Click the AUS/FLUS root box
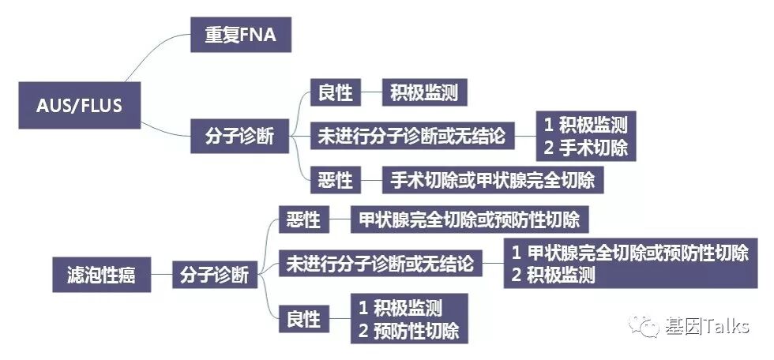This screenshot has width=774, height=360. (79, 105)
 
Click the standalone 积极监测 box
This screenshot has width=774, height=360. (423, 94)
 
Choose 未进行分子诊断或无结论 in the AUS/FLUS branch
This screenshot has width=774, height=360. (411, 137)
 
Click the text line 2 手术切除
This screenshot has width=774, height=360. (585, 148)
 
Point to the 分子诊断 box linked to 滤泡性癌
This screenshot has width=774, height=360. (214, 275)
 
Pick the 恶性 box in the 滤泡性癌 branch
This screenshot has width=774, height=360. (302, 219)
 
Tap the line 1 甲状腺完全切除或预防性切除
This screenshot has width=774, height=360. (629, 253)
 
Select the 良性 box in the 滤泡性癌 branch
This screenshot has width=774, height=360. (302, 319)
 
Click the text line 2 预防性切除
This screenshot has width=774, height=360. (408, 330)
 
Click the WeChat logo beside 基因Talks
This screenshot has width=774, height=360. (647, 325)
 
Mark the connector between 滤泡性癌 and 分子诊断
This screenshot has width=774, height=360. (161, 275)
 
